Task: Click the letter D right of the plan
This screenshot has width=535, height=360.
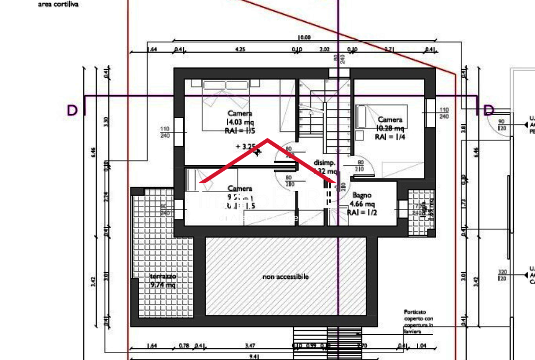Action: pyautogui.click(x=489, y=110)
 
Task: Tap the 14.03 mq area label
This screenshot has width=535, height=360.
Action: pyautogui.click(x=240, y=122)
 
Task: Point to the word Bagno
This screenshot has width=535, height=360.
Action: pyautogui.click(x=361, y=195)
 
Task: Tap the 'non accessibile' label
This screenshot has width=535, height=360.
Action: pyautogui.click(x=285, y=277)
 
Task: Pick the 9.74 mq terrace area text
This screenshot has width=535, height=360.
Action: pyautogui.click(x=163, y=285)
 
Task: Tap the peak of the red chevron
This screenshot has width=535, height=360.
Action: pyautogui.click(x=267, y=140)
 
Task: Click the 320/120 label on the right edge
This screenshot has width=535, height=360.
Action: pyautogui.click(x=502, y=274)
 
